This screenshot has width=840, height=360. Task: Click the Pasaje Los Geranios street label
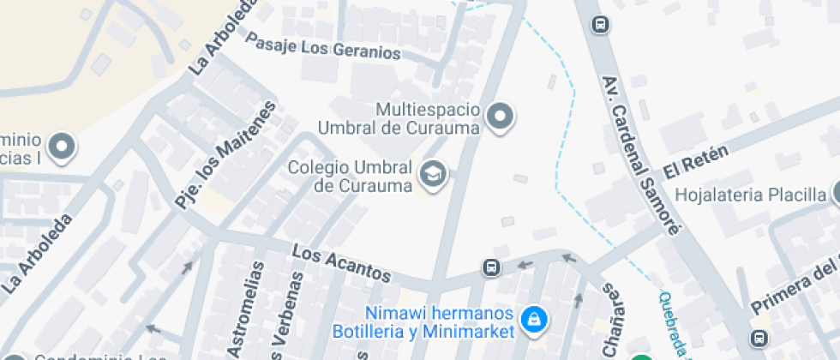coord(324,45)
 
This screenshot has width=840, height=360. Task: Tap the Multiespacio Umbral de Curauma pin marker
coord(499,117)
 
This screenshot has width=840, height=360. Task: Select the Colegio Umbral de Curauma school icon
coord(433,175)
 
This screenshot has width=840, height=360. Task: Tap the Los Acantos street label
coord(341,265)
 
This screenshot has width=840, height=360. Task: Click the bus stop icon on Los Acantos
coord(492,268)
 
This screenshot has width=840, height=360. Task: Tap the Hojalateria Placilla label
coord(750,195)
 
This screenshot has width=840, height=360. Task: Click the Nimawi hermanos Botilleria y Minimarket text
coord(440,321)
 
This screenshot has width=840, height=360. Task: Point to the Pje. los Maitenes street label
coord(226,155)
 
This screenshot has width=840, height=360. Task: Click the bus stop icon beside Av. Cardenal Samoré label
coord(602,25)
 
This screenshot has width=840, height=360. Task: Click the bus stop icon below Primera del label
coord(759,338)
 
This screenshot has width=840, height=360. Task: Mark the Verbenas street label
coord(291,317)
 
